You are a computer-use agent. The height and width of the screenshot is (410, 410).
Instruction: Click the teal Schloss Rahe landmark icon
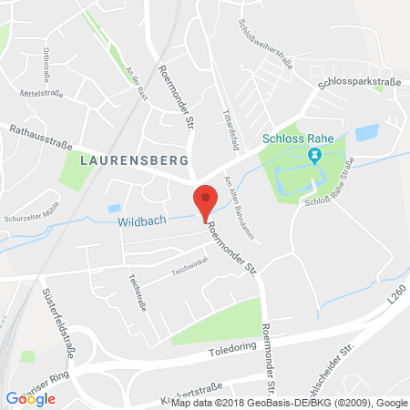coord(314,155)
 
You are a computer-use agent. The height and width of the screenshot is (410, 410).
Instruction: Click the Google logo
coord(30,397)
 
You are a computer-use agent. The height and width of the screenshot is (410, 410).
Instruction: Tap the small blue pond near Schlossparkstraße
coord(366,133)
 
